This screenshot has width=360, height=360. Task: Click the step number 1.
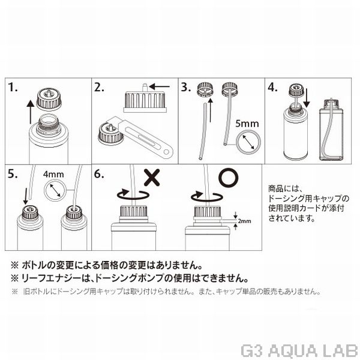[x=14, y=88]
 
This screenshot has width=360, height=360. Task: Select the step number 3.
[x=187, y=88]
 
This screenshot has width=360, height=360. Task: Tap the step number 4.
[x=273, y=88]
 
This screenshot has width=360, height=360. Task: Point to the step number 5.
[x=14, y=175]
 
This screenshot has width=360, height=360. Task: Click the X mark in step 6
[x=152, y=178]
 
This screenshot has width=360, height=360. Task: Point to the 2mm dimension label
[x=244, y=220]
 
